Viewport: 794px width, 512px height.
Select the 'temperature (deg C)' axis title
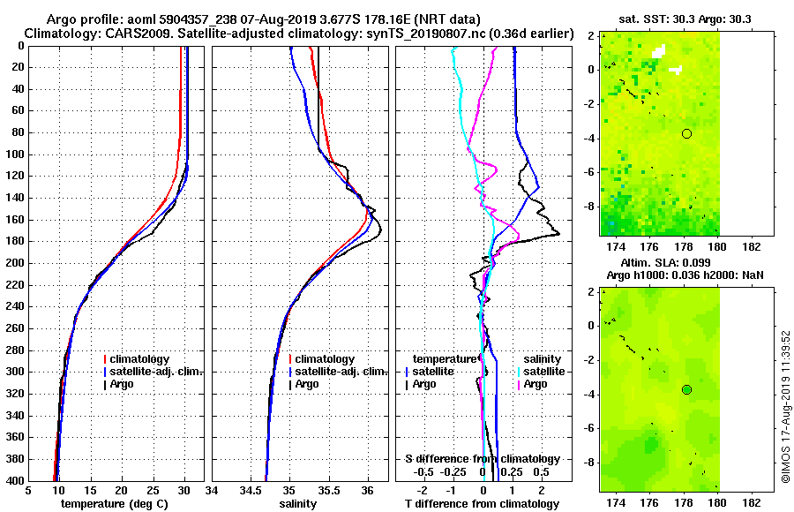click(x=116, y=504)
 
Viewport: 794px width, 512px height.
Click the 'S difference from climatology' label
click(x=482, y=459)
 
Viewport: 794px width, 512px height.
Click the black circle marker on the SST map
click(x=686, y=133)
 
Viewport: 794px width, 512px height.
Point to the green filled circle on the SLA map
click(x=686, y=389)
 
